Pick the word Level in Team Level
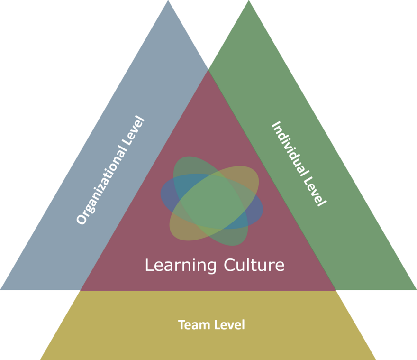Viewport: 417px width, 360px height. coord(229,325)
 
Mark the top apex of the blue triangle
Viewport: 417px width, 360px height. coord(168,1)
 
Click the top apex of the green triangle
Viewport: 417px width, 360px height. coord(249,1)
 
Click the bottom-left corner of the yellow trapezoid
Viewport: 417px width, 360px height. coord(40,359)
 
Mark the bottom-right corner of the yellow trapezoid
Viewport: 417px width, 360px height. coord(376,359)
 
